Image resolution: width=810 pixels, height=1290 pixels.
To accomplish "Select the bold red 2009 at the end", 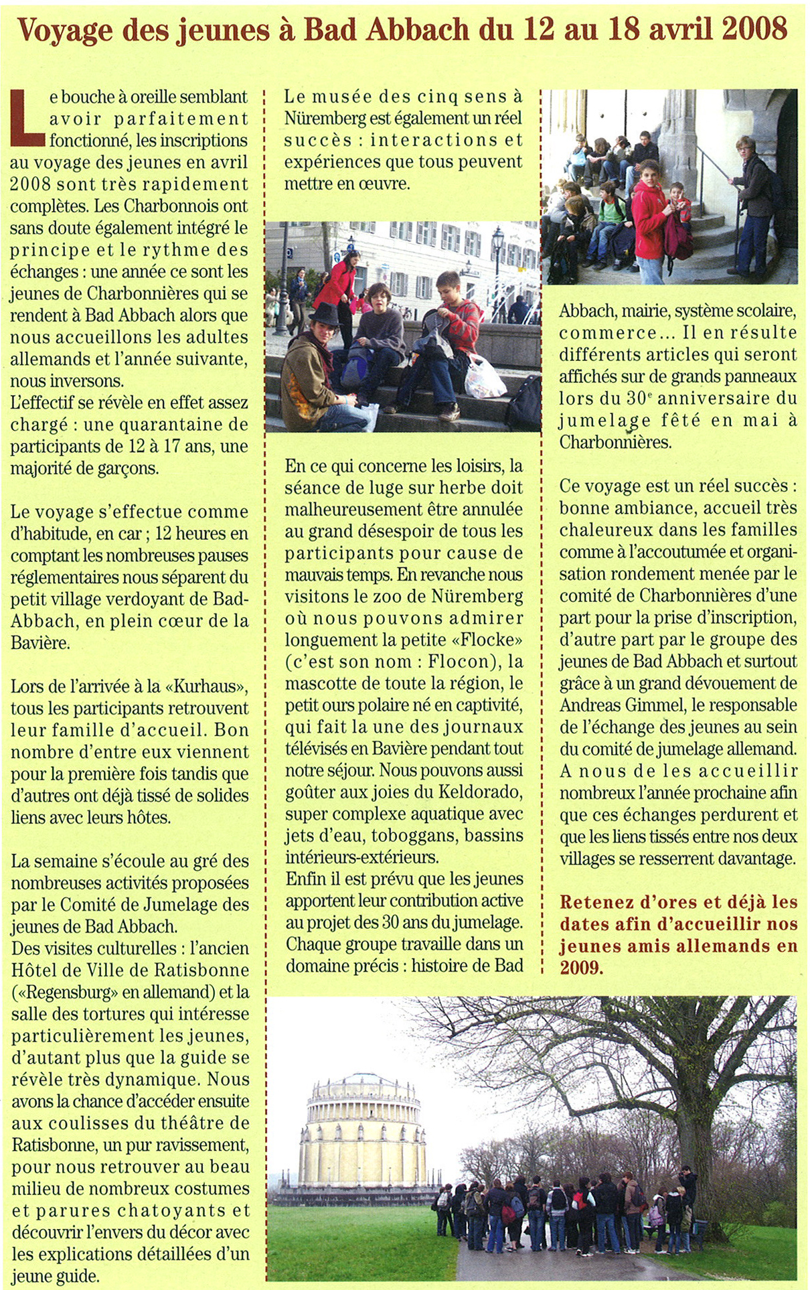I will [582, 968].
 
